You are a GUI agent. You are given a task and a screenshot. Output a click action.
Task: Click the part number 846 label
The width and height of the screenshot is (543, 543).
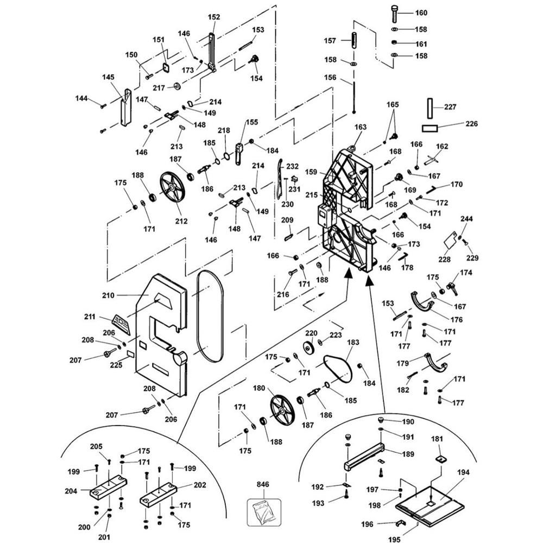tap(263, 484)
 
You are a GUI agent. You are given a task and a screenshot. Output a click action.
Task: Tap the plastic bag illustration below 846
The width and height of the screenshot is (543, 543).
tap(262, 511)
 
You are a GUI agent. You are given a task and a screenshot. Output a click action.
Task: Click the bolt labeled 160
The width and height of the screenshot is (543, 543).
tap(395, 12)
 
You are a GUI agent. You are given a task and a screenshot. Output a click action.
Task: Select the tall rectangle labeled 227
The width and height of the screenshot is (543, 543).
tap(429, 108)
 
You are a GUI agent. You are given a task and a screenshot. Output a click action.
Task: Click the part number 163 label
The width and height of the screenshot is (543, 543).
tap(361, 127)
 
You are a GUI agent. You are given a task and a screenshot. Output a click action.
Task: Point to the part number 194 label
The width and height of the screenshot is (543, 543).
tap(463, 473)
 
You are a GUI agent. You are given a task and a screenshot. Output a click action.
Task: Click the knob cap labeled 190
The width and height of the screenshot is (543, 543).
tap(381, 421)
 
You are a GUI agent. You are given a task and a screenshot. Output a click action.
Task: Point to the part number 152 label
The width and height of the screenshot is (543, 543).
tap(214, 17)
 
